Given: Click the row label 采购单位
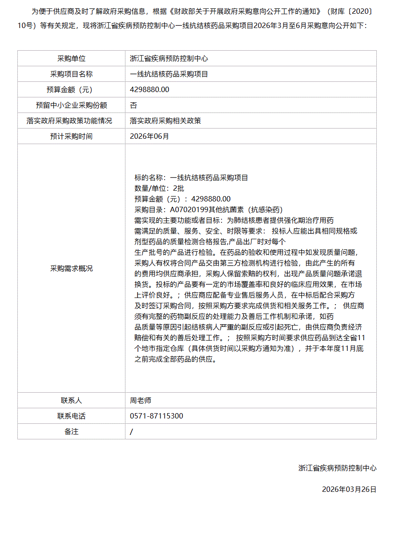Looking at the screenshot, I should point(71,58).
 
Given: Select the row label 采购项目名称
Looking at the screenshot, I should point(71,74).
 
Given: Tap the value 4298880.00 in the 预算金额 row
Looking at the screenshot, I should point(149,89).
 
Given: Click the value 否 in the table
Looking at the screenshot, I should point(133,105).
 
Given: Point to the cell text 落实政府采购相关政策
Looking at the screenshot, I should point(165,121).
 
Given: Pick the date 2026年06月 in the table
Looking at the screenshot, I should point(149,136).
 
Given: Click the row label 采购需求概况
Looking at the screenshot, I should point(71,268).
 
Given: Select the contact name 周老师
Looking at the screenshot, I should point(141,400).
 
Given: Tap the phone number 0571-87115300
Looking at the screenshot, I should point(157,416).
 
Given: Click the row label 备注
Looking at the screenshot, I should point(71,431).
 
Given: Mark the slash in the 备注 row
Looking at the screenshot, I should point(132,431).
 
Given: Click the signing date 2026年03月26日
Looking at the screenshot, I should point(349,489).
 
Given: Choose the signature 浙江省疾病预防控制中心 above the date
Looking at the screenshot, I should point(337,468).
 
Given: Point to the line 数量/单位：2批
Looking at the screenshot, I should point(159,188).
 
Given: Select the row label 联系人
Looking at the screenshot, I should point(71,400).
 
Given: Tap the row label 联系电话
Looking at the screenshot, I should point(71,416).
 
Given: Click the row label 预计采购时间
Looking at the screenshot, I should point(71,136).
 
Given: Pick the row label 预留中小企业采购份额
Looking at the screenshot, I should point(71,105).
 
